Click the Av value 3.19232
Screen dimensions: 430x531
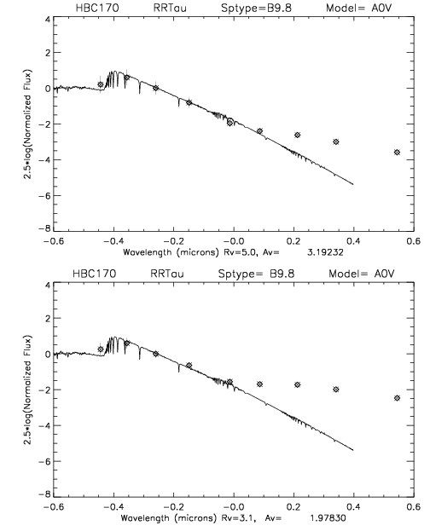pyautogui.click(x=325, y=252)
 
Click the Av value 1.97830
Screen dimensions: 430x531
pyautogui.click(x=328, y=518)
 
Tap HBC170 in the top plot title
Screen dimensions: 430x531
pyautogui.click(x=97, y=8)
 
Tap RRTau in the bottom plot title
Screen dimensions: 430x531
pyautogui.click(x=167, y=273)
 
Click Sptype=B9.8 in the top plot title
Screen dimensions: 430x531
pyautogui.click(x=256, y=8)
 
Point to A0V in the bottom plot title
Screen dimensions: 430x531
pyautogui.click(x=384, y=273)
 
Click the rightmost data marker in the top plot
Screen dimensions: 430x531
pyautogui.click(x=397, y=153)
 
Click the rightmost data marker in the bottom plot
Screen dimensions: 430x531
pyautogui.click(x=397, y=398)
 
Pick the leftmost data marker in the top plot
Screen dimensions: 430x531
pyautogui.click(x=101, y=84)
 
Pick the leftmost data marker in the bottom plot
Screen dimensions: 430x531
pyautogui.click(x=101, y=349)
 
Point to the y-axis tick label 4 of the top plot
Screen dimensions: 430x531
pyautogui.click(x=47, y=19)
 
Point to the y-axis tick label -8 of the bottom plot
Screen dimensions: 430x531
pyautogui.click(x=44, y=494)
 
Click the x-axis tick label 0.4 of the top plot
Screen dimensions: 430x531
pyautogui.click(x=353, y=241)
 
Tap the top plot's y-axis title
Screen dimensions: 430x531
pyautogui.click(x=27, y=124)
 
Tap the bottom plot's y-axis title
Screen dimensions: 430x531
pyautogui.click(x=27, y=390)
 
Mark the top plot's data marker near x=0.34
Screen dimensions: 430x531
pyautogui.click(x=336, y=141)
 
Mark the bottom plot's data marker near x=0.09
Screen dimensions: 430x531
pyautogui.click(x=259, y=384)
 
